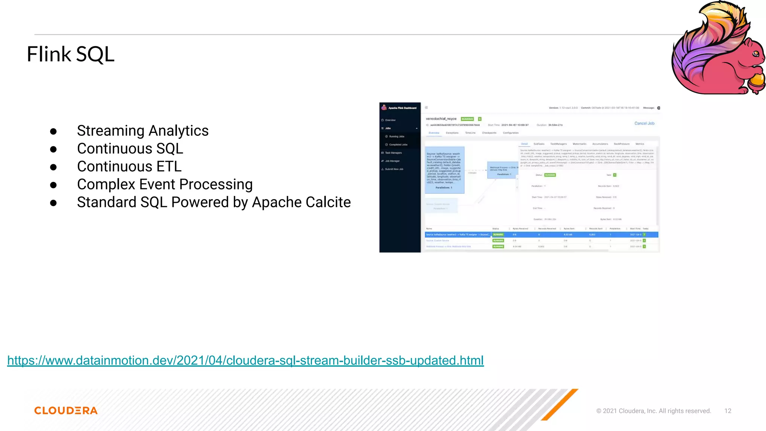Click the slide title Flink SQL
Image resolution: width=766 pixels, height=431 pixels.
pyautogui.click(x=70, y=54)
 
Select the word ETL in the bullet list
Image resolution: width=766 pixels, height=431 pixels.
pyautogui.click(x=169, y=166)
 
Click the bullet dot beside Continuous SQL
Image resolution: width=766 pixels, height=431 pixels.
pyautogui.click(x=53, y=149)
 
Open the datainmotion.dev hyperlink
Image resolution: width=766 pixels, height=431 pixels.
pyautogui.click(x=245, y=360)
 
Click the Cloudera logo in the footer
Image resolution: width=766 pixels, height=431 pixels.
pyautogui.click(x=66, y=410)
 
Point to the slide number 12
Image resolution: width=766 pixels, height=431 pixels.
pyautogui.click(x=727, y=411)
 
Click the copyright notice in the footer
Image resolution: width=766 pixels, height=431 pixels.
pyautogui.click(x=653, y=411)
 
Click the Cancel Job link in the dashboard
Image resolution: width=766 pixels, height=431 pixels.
pyautogui.click(x=644, y=123)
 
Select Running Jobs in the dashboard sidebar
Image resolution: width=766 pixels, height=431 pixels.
pyautogui.click(x=396, y=137)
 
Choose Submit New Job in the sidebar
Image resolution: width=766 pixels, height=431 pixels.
pyautogui.click(x=394, y=169)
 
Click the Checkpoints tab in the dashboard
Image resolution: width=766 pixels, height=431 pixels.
pyautogui.click(x=489, y=133)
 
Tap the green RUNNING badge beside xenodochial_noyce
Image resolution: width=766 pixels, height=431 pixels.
pyautogui.click(x=467, y=119)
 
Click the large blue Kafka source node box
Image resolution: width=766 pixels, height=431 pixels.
pyautogui.click(x=444, y=170)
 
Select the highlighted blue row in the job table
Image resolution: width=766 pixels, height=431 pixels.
pyautogui.click(x=541, y=235)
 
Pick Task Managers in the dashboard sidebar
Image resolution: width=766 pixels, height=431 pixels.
pyautogui.click(x=393, y=153)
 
